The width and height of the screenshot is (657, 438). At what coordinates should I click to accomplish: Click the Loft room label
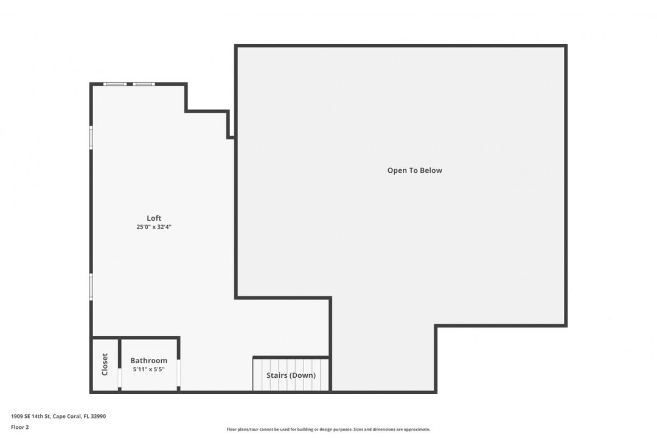154,218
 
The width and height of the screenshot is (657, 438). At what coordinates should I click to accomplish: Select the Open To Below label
415,170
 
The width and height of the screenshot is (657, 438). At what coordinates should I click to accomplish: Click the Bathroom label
148,361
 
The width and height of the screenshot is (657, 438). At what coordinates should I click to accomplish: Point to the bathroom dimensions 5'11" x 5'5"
148,369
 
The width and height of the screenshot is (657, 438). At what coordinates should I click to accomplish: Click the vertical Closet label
105,364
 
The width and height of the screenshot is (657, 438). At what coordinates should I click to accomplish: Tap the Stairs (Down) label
291,375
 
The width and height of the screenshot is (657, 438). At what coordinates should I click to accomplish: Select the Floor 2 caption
19,427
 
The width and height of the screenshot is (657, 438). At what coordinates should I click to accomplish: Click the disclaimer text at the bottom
328,429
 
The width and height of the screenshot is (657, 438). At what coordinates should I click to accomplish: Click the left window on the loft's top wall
114,84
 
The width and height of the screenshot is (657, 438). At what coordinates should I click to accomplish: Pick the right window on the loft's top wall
144,84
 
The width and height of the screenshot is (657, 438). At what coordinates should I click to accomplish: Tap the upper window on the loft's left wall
91,137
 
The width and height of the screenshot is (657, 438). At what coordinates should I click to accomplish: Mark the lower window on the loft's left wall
91,287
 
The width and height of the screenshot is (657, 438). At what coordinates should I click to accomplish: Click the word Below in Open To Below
431,170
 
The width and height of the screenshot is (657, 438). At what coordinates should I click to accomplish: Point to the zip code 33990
97,416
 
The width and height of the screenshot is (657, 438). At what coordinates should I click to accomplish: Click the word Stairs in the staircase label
276,375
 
